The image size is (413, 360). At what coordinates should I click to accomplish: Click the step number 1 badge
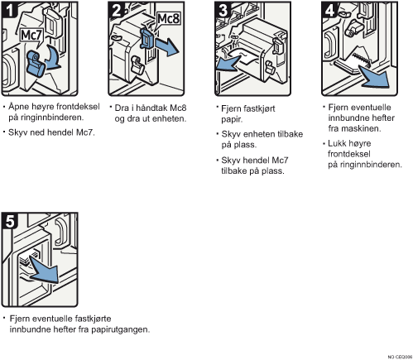pos(9,10)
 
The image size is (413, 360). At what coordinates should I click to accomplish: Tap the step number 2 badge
pos(116,10)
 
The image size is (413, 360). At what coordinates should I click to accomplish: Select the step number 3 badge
pos(223,10)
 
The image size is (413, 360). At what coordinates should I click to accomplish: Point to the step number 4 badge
pos(329,10)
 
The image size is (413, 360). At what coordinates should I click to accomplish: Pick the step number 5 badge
pos(10,221)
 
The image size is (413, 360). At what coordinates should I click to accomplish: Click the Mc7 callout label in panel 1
pos(31,36)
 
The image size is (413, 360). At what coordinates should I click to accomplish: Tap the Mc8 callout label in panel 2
pos(168,19)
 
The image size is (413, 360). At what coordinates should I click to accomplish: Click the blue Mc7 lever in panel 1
pos(36,64)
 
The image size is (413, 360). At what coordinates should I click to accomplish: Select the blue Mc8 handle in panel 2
pos(146,39)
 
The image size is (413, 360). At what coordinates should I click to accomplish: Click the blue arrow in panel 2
pos(167,47)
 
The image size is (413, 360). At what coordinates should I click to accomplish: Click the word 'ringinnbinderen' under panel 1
pos(46,118)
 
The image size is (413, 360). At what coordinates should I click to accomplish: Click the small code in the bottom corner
pos(400,357)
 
